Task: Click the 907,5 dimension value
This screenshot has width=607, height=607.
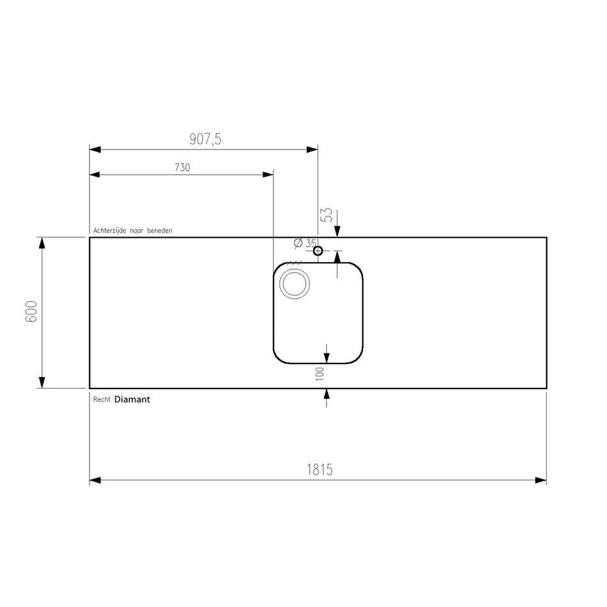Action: [x=205, y=139]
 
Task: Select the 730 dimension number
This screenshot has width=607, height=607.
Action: [x=182, y=167]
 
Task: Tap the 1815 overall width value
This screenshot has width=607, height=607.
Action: [x=319, y=470]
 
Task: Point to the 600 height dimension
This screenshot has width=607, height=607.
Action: [x=31, y=311]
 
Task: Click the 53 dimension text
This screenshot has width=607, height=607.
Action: [x=327, y=215]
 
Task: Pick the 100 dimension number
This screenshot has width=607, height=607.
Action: [x=319, y=374]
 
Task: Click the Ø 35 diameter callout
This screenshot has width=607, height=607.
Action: [x=305, y=243]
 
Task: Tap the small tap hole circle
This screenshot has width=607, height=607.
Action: [x=318, y=251]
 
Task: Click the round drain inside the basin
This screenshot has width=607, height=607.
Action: [x=295, y=284]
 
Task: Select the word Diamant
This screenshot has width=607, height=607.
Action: [x=132, y=399]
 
